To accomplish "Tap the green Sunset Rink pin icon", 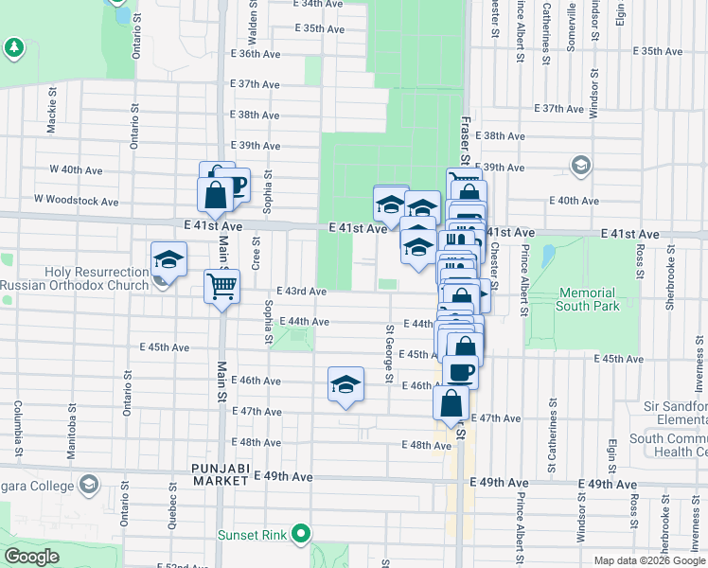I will (302, 534).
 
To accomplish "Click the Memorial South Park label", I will (587, 299).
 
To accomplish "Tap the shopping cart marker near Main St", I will (221, 286).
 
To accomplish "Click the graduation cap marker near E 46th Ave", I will (346, 383).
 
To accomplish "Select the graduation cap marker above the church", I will (168, 259).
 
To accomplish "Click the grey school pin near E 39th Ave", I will (580, 167).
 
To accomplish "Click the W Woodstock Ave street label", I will (77, 201).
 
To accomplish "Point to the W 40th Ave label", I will (76, 170).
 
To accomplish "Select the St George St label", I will (389, 355).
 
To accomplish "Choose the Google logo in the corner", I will (32, 557).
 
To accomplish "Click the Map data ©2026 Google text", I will (649, 560).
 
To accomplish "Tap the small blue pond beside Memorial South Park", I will (548, 256).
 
